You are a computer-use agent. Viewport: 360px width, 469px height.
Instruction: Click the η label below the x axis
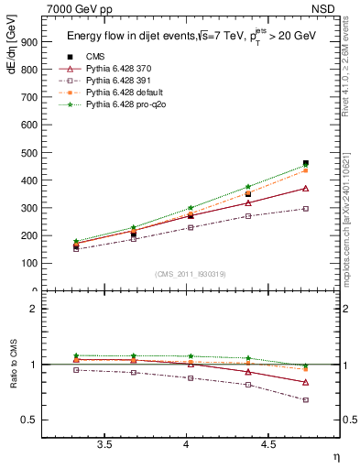click(335, 456)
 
